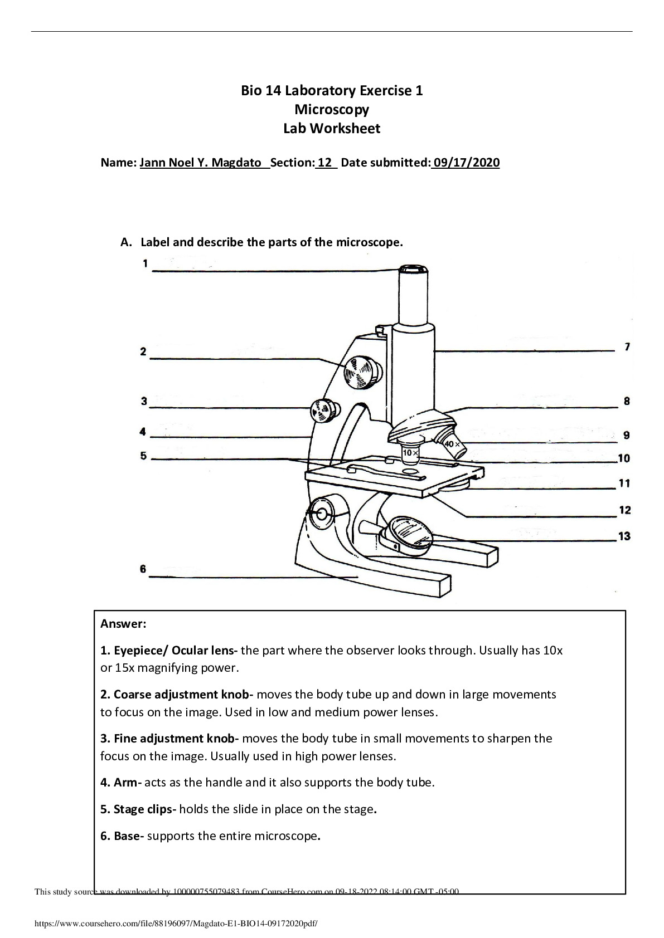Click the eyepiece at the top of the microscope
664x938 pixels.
[414, 270]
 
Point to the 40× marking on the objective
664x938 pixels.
[452, 444]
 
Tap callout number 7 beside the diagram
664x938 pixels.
[627, 347]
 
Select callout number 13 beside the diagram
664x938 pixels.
[624, 536]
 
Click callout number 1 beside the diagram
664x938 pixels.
[145, 263]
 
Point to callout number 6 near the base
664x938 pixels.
[143, 569]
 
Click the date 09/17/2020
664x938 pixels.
[466, 163]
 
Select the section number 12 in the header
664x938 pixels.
[325, 163]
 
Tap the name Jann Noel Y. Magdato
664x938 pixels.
[200, 163]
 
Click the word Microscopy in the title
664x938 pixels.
[332, 109]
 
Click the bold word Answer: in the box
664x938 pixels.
[123, 623]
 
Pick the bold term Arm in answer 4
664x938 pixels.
[125, 782]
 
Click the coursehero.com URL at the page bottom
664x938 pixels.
[176, 923]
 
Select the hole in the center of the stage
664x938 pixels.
[410, 471]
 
